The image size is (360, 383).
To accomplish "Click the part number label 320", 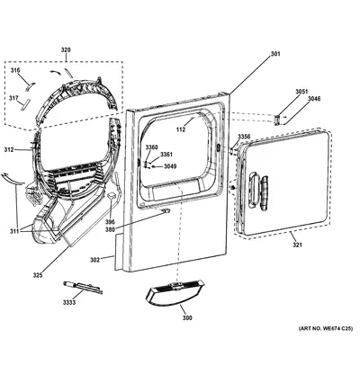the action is tap(66, 50).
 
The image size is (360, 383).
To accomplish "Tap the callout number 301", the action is tap(275, 54).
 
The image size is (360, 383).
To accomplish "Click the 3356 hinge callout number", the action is tap(244, 137).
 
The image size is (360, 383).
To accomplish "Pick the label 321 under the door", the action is tap(297, 245).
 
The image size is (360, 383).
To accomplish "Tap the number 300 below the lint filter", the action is tap(187, 318).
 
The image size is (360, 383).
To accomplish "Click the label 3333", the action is tap(69, 303).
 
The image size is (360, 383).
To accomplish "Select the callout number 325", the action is tap(38, 275).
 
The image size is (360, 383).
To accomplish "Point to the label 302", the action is tap(94, 260).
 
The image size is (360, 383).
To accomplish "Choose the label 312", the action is tap(9, 149).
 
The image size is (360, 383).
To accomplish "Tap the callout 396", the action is tap(110, 222).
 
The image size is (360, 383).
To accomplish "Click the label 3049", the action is tap(170, 166).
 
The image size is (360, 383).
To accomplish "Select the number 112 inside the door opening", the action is tap(181, 129).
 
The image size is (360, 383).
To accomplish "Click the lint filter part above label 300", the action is tap(175, 294).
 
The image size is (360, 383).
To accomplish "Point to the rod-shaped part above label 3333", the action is tap(83, 287).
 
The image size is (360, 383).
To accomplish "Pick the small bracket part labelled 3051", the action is tap(277, 120).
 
